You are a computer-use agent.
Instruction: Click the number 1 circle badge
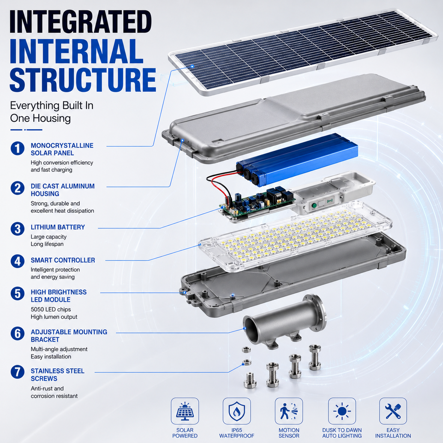pyautogui.click(x=18, y=149)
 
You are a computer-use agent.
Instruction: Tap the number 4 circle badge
pyautogui.click(x=18, y=261)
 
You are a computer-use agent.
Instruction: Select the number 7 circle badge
pyautogui.click(x=18, y=372)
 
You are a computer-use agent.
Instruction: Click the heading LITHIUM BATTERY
pyautogui.click(x=58, y=227)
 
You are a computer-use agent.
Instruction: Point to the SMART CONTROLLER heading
pyautogui.click(x=63, y=260)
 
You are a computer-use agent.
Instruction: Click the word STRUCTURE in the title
pyautogui.click(x=83, y=80)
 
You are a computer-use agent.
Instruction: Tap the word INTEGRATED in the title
pyautogui.click(x=80, y=22)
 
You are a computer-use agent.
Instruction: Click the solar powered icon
pyautogui.click(x=185, y=411)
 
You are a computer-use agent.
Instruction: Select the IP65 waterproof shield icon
pyautogui.click(x=237, y=411)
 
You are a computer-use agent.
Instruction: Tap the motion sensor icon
pyautogui.click(x=289, y=411)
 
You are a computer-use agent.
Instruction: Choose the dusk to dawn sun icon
pyautogui.click(x=342, y=411)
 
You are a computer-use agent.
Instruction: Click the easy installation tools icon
pyautogui.click(x=393, y=411)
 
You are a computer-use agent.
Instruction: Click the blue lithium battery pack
pyautogui.click(x=297, y=160)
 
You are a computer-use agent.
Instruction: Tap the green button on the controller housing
pyautogui.click(x=314, y=205)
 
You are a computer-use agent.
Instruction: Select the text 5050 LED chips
pyautogui.click(x=51, y=309)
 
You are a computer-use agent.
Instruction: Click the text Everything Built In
pyautogui.click(x=52, y=105)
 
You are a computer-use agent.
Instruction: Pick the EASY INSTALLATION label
pyautogui.click(x=393, y=433)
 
